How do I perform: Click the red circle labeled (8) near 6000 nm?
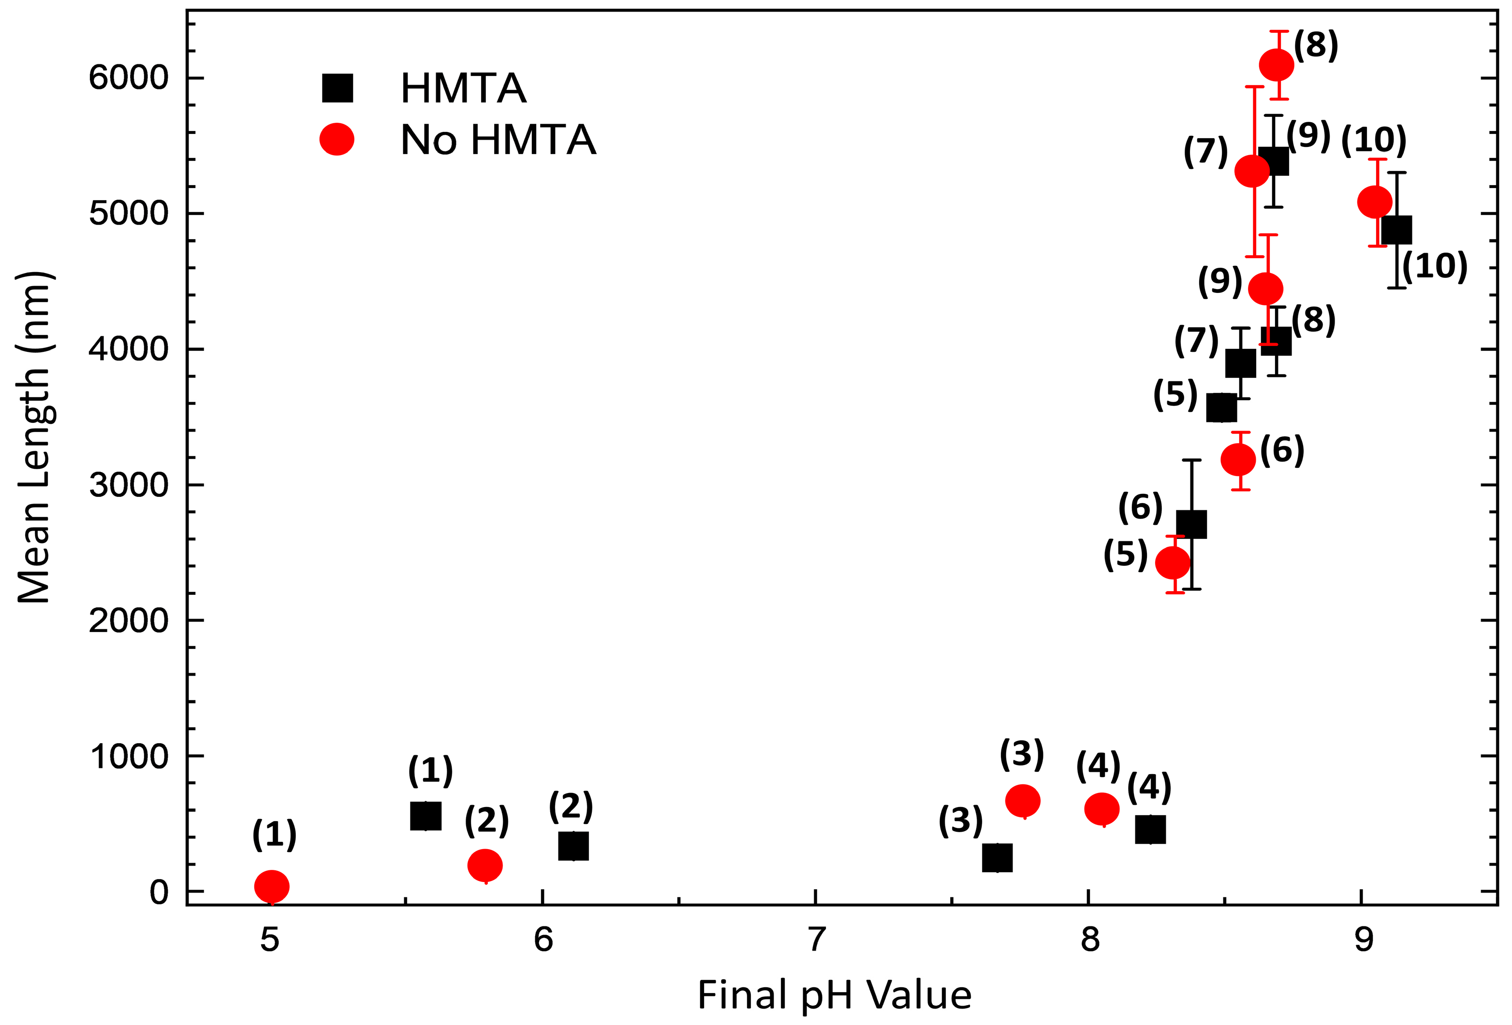point(1276,65)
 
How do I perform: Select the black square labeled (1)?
point(426,816)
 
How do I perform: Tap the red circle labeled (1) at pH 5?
point(272,886)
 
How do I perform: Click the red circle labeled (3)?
point(1023,801)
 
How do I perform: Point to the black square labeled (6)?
point(1191,524)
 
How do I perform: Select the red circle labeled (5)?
point(1173,563)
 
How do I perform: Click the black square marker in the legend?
point(337,88)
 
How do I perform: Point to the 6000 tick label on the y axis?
point(128,78)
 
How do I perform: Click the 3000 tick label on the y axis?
point(128,485)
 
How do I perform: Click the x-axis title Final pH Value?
point(834,996)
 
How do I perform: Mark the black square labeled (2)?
point(573,846)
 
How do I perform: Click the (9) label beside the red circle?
point(1220,281)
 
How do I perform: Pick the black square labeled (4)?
point(1150,830)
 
